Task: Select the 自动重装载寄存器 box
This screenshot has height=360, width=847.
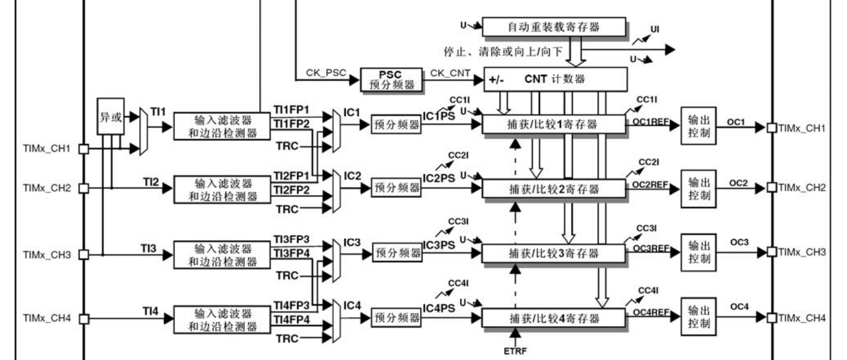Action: pos(554,27)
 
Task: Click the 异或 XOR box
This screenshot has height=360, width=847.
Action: pos(110,117)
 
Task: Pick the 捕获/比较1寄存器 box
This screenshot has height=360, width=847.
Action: pos(553,125)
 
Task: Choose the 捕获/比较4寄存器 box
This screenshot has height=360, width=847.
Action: pos(553,319)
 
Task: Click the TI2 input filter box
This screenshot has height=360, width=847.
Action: pos(223,189)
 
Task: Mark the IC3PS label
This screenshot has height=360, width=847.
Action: pos(439,245)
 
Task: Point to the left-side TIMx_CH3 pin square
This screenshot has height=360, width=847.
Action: pos(83,254)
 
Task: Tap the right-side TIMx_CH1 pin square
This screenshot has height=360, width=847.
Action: pos(771,127)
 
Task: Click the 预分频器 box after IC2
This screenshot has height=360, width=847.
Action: pos(396,188)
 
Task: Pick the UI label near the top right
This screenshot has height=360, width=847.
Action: pos(655,28)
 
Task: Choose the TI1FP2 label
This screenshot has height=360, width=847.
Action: pos(292,124)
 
